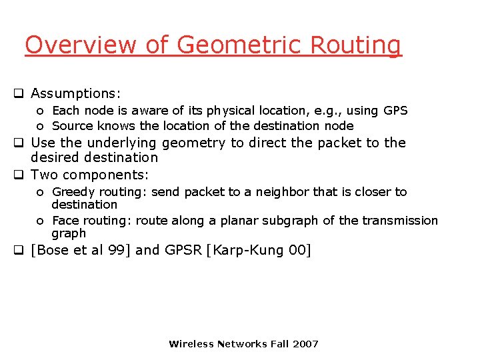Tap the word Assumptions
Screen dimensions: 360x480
click(x=75, y=93)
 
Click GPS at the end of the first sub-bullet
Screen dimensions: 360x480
click(x=395, y=111)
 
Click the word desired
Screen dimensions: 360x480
click(x=55, y=157)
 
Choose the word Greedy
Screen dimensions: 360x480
click(x=74, y=192)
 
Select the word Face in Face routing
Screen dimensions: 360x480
click(x=65, y=221)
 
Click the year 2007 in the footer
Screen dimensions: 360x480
click(x=305, y=344)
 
